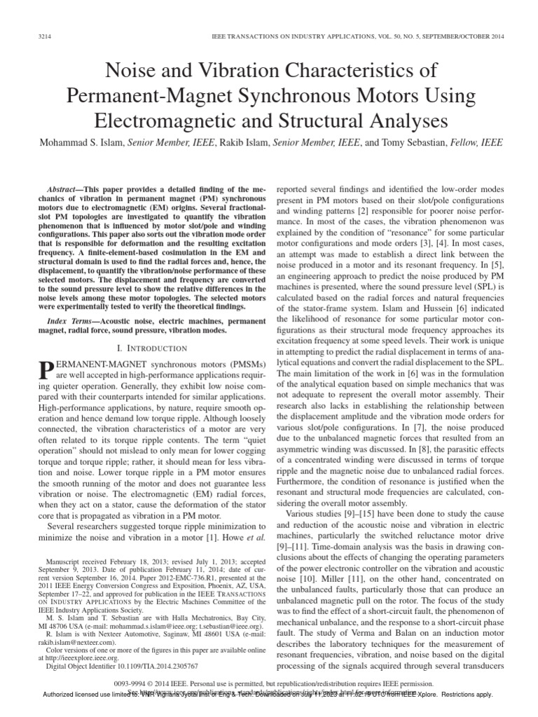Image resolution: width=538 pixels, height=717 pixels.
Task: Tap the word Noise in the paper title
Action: point(127,71)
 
